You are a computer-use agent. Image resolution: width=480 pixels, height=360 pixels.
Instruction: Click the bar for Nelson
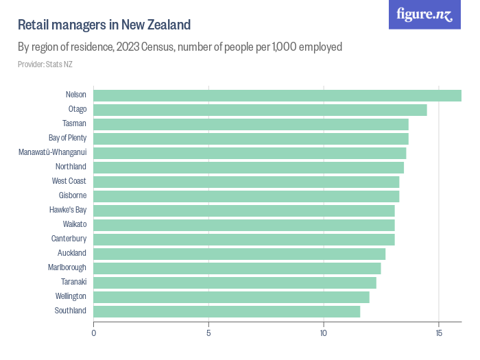pyautogui.click(x=277, y=95)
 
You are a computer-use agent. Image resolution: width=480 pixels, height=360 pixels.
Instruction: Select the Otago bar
pyautogui.click(x=260, y=110)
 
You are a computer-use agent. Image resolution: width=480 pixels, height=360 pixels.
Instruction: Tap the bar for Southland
pyautogui.click(x=226, y=311)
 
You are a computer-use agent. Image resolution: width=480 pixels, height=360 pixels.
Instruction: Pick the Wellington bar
pyautogui.click(x=231, y=297)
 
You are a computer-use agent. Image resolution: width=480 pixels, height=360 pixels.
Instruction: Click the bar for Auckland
pyautogui.click(x=239, y=254)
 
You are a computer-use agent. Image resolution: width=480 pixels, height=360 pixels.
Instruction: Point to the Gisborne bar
pyautogui.click(x=246, y=196)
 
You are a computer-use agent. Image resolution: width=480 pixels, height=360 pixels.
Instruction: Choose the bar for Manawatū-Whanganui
pyautogui.click(x=250, y=153)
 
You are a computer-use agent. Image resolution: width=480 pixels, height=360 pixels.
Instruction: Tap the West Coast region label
pyautogui.click(x=69, y=182)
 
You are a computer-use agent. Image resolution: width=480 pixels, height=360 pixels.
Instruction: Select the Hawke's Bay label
pyautogui.click(x=68, y=211)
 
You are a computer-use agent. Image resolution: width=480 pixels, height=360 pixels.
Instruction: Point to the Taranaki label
pyautogui.click(x=73, y=283)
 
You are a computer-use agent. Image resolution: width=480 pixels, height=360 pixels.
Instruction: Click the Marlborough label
pyautogui.click(x=67, y=268)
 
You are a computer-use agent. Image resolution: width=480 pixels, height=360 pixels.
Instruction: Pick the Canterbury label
pyautogui.click(x=69, y=239)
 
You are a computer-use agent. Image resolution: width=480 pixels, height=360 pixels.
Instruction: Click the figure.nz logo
pyautogui.click(x=424, y=15)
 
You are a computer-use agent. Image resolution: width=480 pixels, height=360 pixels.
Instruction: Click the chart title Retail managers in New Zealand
pyautogui.click(x=104, y=25)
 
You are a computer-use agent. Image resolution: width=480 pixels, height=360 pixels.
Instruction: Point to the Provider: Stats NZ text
pyautogui.click(x=45, y=64)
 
